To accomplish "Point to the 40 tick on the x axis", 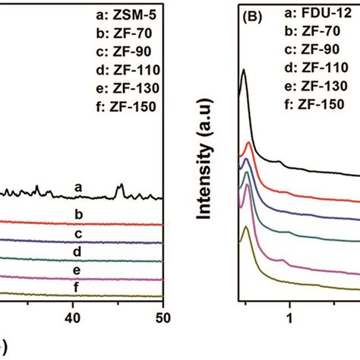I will tap(73, 314).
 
